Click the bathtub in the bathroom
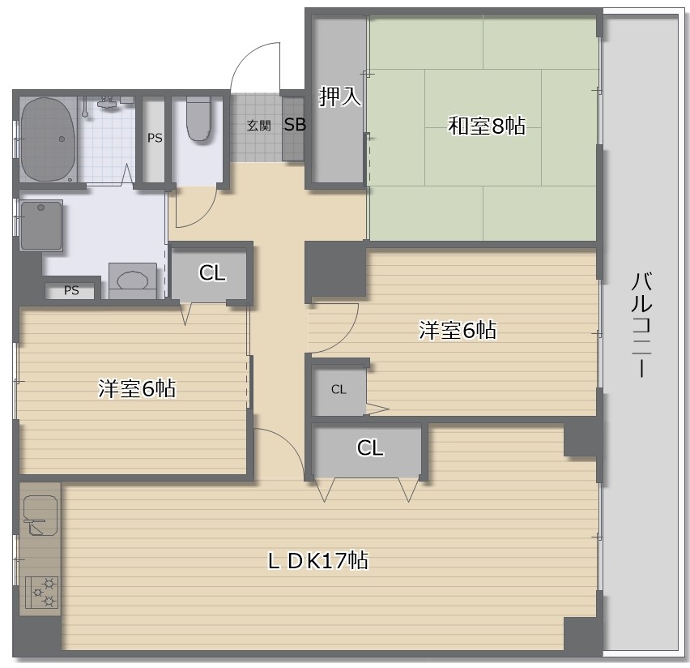[48, 139]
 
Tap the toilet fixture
[198, 118]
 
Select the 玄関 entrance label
[259, 126]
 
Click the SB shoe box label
[295, 125]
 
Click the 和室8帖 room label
[487, 126]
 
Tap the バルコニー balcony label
[641, 325]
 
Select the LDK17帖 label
[318, 560]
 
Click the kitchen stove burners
[42, 593]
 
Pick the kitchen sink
[40, 515]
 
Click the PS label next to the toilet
[155, 139]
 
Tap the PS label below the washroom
[71, 290]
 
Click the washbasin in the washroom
[133, 280]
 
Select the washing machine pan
[41, 225]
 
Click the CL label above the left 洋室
[212, 272]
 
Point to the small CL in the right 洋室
[339, 389]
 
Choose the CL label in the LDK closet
[370, 447]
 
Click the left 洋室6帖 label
[137, 388]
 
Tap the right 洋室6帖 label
[458, 330]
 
